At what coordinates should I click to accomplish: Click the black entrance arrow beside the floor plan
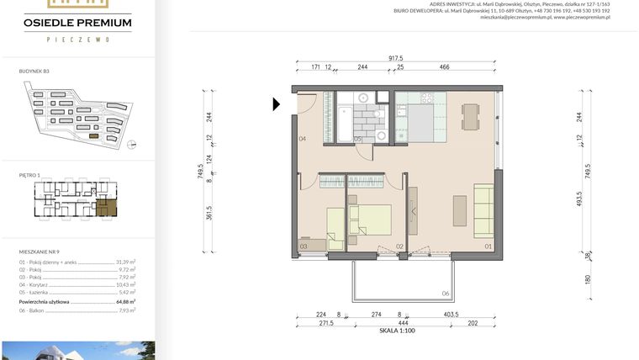tap(277, 104)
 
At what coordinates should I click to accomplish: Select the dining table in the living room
tap(471, 116)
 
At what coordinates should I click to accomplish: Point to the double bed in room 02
tap(370, 220)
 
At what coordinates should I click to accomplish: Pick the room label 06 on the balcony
tap(446, 294)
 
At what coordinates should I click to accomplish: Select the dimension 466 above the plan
tap(444, 66)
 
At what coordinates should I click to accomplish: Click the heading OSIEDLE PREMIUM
tap(77, 22)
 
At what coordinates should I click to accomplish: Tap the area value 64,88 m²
tap(127, 300)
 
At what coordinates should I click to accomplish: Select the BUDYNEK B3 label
tap(34, 71)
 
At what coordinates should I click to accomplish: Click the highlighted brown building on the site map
tap(94, 135)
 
